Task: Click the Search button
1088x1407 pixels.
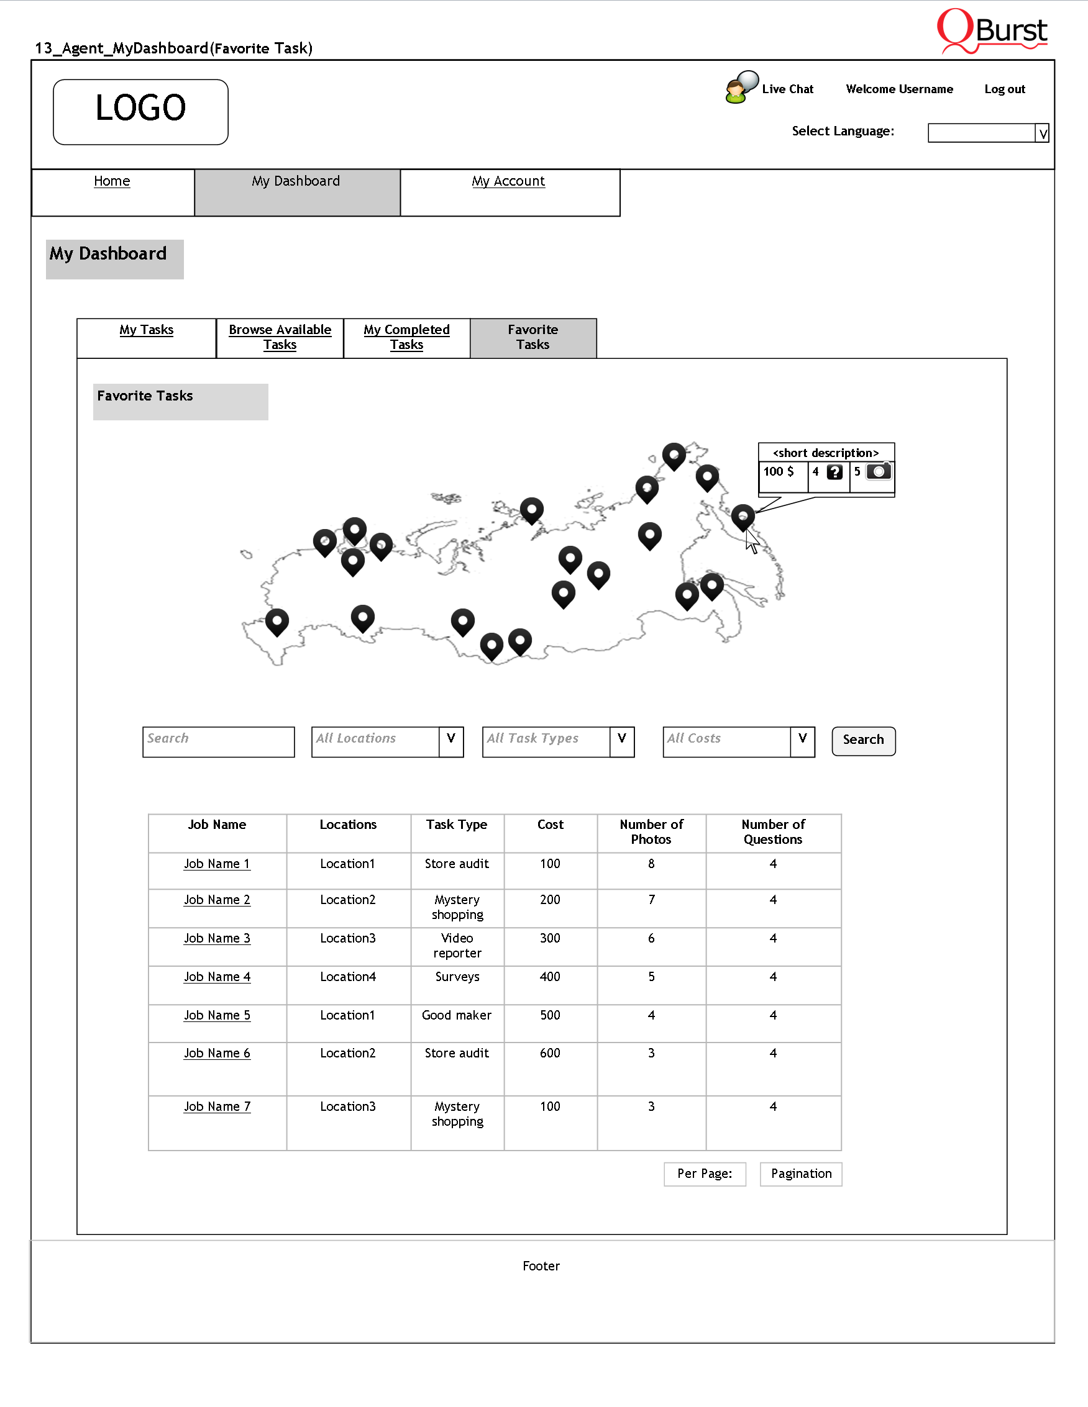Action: tap(863, 740)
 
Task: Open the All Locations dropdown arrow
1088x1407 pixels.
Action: tap(451, 740)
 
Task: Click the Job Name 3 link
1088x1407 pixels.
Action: tap(217, 939)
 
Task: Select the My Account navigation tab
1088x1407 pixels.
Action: tap(508, 182)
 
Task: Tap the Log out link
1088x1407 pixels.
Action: tap(1004, 89)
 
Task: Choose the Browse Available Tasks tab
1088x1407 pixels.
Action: tap(280, 337)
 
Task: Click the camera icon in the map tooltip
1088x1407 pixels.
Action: tap(879, 471)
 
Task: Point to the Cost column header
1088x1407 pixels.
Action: tap(551, 825)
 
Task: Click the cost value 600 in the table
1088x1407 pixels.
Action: tap(550, 1053)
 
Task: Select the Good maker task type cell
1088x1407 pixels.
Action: tap(456, 1015)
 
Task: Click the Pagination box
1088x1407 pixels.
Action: tap(800, 1174)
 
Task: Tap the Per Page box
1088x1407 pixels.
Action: tap(705, 1174)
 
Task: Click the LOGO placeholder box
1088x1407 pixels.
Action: tap(140, 111)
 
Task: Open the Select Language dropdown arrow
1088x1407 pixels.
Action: tap(1042, 133)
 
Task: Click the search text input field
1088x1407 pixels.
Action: tap(218, 741)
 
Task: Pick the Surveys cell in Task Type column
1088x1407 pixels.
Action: tap(457, 977)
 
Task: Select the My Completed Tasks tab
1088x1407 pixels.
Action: tap(406, 337)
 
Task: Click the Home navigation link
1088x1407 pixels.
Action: tap(112, 182)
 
